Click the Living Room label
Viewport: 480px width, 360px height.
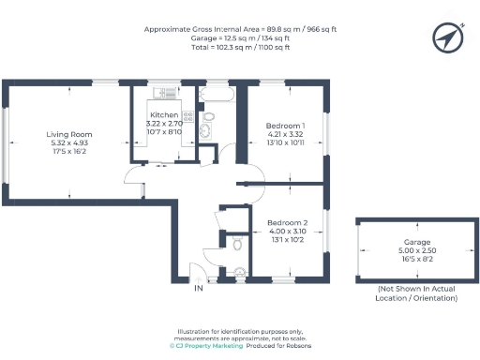(x=70, y=134)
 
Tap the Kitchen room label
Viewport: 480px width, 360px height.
(x=154, y=115)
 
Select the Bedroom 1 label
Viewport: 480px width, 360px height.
(x=285, y=126)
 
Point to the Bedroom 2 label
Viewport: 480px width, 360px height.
(x=288, y=222)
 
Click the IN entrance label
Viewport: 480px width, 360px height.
(x=198, y=289)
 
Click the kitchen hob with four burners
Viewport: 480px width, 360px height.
(x=188, y=117)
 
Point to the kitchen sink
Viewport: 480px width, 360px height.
(x=187, y=138)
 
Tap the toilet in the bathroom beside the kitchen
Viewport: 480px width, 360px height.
(x=208, y=117)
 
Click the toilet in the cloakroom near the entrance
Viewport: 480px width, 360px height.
(x=239, y=244)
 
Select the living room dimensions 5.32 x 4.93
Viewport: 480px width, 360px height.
(x=70, y=142)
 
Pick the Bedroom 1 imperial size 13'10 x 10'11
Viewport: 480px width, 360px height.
(x=285, y=143)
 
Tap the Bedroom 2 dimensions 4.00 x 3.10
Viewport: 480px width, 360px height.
(x=288, y=231)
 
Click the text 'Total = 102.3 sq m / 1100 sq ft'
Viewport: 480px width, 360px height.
(x=239, y=46)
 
